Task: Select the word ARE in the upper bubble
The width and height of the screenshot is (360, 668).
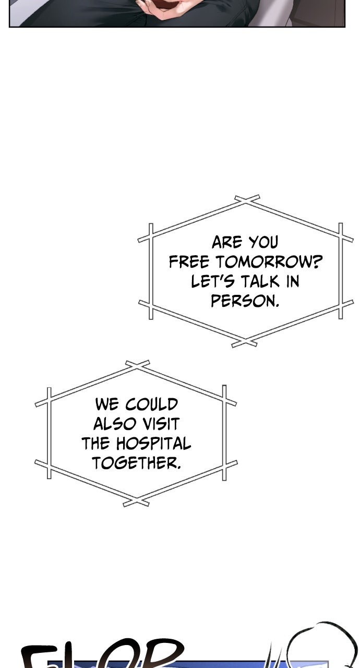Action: pos(227,243)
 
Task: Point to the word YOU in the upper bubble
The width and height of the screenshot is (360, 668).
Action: pos(263,243)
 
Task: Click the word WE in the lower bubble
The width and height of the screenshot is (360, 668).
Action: pos(106,404)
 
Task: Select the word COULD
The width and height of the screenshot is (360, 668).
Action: pos(152,404)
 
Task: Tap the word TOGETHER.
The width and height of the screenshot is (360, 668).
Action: pos(137,463)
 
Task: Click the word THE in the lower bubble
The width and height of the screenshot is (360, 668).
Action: pos(95,444)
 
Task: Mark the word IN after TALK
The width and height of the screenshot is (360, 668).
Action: pos(292,282)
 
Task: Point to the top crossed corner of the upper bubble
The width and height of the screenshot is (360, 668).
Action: pos(247,199)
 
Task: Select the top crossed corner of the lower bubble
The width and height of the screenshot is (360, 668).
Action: pos(137,364)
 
